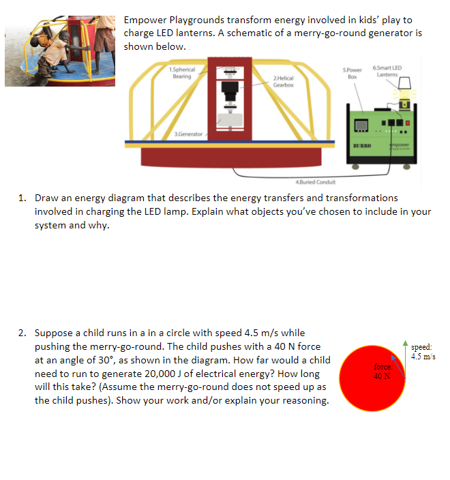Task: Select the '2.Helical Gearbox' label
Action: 283,82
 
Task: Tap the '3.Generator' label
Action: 189,134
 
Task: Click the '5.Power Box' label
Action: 352,73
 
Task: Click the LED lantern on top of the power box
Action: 402,85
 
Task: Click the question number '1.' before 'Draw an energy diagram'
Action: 23,198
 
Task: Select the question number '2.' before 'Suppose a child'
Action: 23,333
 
